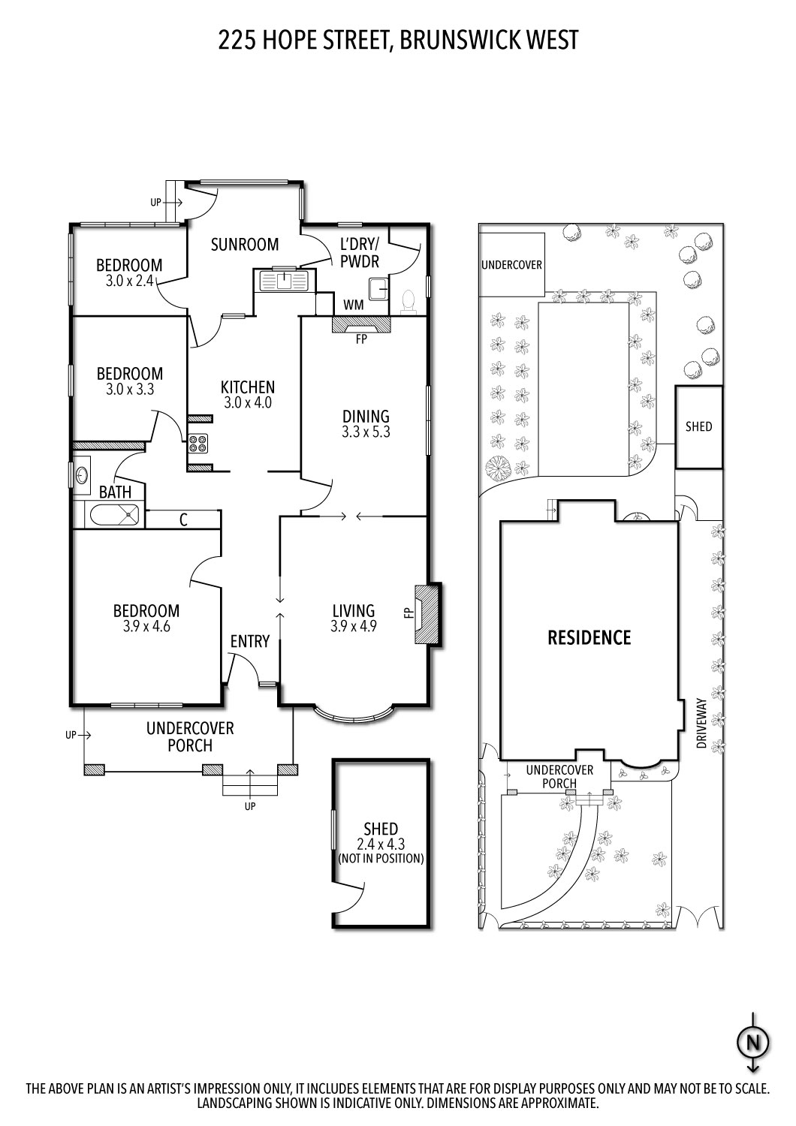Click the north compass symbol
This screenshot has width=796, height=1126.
pos(753,1042)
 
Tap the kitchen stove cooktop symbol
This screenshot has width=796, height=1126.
pos(198,444)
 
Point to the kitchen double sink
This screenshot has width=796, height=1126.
pos(283,281)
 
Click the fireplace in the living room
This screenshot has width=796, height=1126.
pos(426,614)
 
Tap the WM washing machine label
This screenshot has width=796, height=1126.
pos(354,306)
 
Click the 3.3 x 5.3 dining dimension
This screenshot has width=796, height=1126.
pos(366,432)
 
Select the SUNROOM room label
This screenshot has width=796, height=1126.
pos(245,244)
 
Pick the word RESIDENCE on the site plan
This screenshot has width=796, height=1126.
pos(589,638)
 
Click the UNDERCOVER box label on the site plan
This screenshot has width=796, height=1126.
pos(511,265)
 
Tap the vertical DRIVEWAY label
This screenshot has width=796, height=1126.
pos(701,726)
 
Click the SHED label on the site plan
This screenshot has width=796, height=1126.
pos(698,426)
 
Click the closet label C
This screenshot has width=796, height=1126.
pos(183,519)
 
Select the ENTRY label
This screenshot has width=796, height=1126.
pos(249,641)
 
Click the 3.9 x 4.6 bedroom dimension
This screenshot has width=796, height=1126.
pos(146,626)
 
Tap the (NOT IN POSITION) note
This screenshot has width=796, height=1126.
pos(381,858)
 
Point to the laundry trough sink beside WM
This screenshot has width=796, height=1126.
pos(378,288)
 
